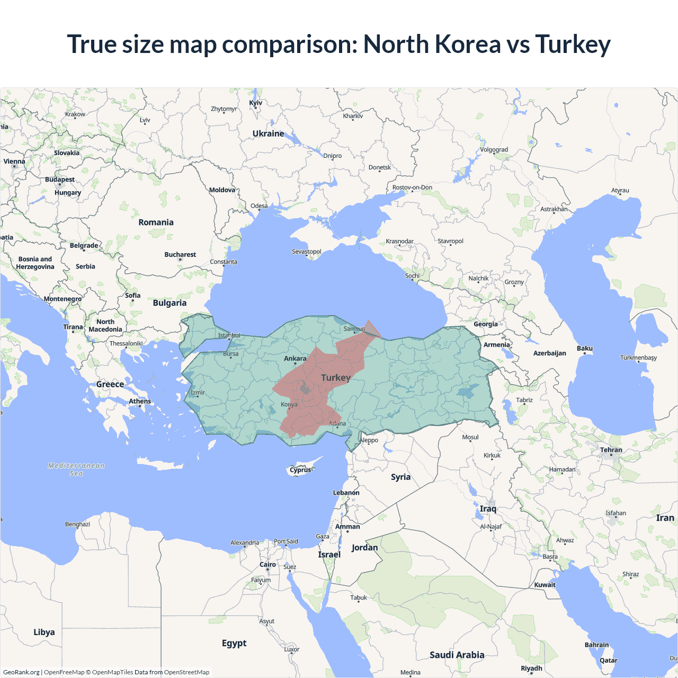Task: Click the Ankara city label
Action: (x=295, y=359)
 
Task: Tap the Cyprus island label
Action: (x=300, y=470)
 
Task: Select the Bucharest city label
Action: (x=180, y=255)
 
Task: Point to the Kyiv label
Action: (x=255, y=103)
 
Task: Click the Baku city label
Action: (x=585, y=349)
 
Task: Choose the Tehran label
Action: (x=611, y=450)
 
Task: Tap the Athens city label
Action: (x=140, y=402)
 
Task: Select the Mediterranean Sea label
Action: (x=76, y=469)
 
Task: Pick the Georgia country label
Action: (x=486, y=324)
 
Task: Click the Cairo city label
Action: (x=267, y=565)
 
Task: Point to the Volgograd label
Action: (x=494, y=150)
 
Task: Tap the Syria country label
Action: (x=400, y=477)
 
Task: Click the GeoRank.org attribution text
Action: (x=21, y=672)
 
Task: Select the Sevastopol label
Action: (x=307, y=252)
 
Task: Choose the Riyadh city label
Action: (x=531, y=668)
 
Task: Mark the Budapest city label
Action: (x=60, y=180)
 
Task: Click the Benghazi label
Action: (x=77, y=524)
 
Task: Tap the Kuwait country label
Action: (x=545, y=585)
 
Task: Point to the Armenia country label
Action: (x=497, y=345)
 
